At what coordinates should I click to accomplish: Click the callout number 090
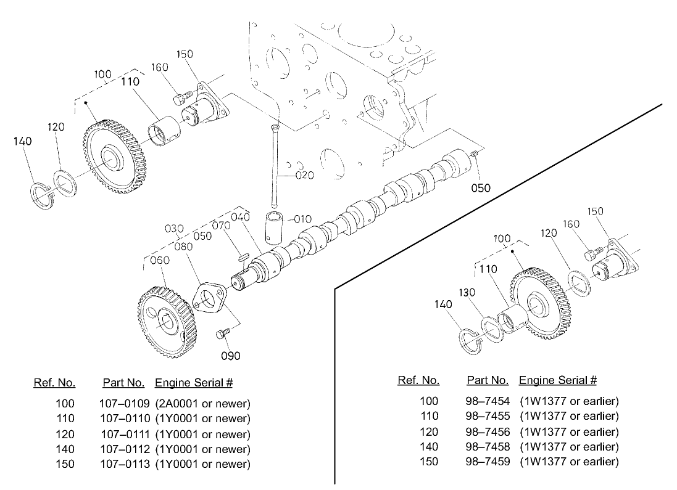231,356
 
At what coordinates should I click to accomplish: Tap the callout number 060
159,261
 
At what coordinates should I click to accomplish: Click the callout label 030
175,229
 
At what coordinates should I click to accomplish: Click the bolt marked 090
222,334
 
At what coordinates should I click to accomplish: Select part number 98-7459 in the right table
488,462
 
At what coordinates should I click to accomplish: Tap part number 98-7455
488,416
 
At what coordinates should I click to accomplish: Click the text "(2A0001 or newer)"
202,404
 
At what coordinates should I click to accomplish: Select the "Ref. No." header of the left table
54,383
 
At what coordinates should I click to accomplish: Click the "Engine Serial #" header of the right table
558,380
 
